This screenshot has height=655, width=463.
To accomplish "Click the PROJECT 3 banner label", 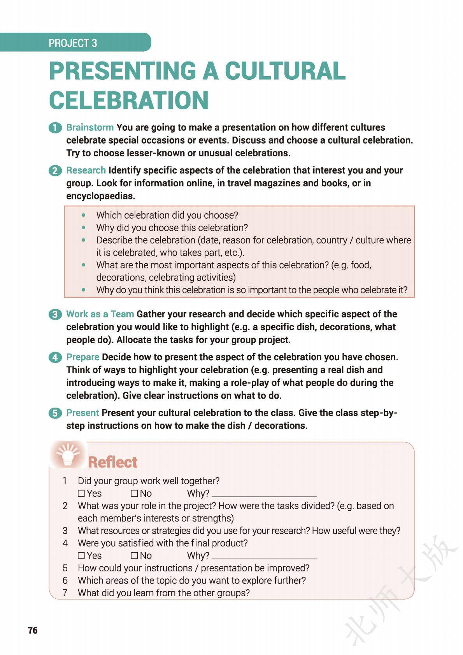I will [73, 43].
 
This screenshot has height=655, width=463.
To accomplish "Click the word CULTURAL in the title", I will [285, 71].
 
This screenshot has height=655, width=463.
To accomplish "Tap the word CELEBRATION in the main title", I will [129, 100].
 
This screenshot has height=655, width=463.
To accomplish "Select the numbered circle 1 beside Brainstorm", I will [55, 128].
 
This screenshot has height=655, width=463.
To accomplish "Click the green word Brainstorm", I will [90, 127].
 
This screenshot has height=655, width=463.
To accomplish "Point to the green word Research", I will [86, 170].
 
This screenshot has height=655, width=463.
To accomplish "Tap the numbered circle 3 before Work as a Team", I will [55, 314].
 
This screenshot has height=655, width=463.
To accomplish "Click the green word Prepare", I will [82, 357].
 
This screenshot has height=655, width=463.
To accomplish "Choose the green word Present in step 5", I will [82, 413].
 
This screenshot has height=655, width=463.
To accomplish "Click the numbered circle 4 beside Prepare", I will [55, 357].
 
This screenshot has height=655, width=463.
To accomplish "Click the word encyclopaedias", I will [100, 196].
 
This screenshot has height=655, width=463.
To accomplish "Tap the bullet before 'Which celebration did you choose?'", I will [83, 215].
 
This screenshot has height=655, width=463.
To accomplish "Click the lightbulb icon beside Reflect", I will [68, 454].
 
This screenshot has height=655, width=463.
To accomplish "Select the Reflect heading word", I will [112, 462].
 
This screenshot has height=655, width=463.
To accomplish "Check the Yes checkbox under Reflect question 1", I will [81, 493].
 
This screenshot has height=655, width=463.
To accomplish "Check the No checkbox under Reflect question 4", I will [134, 555].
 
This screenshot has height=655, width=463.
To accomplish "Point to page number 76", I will [33, 630].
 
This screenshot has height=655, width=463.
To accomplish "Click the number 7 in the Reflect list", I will [65, 593].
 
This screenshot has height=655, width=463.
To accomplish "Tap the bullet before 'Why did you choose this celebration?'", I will [83, 228].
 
